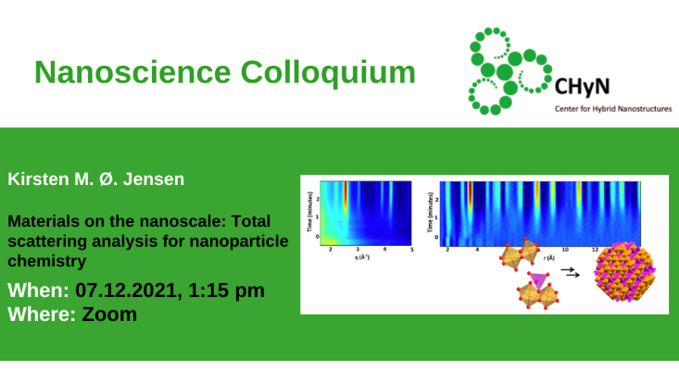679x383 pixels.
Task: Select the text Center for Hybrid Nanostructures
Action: (612, 108)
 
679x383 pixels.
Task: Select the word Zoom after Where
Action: (109, 314)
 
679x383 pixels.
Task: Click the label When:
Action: (38, 290)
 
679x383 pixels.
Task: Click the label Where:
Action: (42, 314)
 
